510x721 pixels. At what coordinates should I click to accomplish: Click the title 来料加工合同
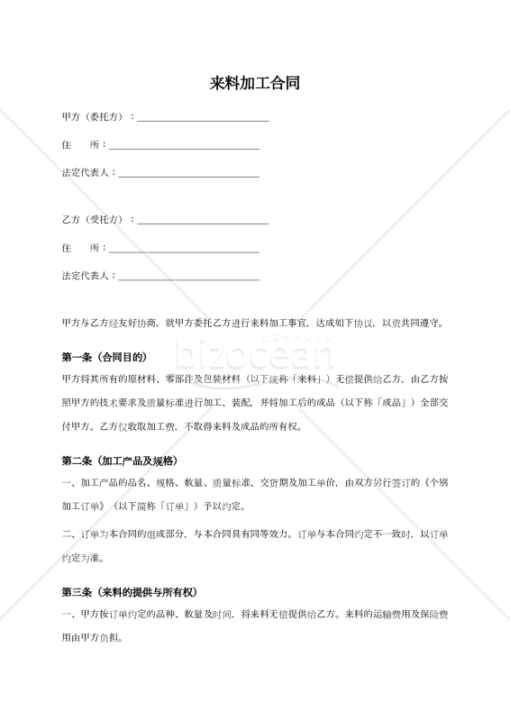pos(255,84)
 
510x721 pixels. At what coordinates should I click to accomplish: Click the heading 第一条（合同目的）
pos(104,356)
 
